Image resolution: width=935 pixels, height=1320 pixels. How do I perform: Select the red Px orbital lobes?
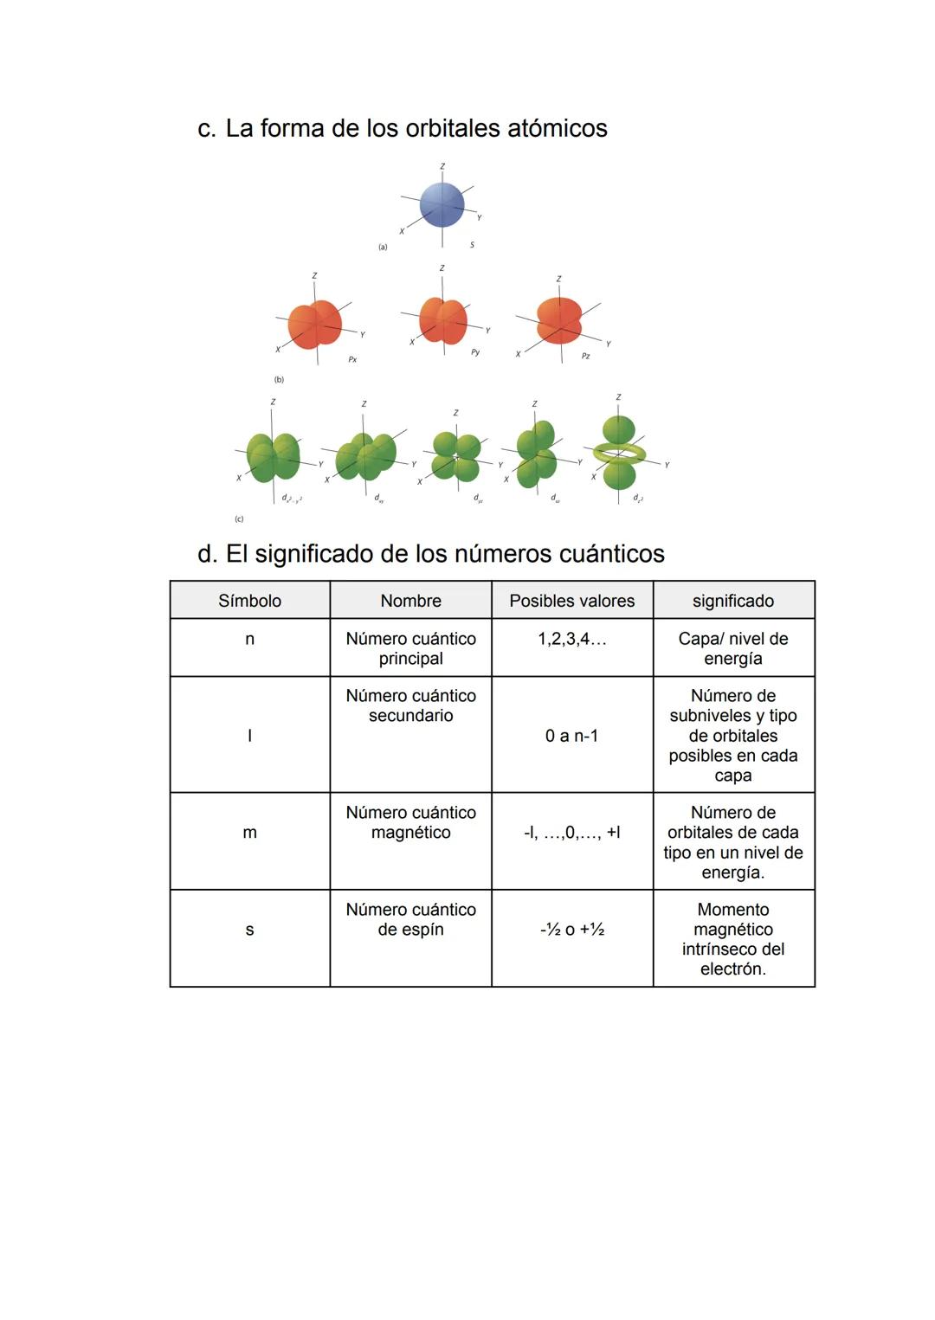coord(314,325)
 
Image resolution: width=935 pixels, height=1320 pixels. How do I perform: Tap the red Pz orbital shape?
coord(558,319)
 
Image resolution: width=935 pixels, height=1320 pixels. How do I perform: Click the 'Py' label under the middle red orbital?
coord(475,352)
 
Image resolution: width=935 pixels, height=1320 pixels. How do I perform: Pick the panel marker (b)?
coord(279,379)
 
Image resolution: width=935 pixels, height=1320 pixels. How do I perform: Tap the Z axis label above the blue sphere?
coord(442,165)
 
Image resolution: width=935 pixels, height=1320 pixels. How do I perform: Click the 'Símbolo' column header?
coord(249,601)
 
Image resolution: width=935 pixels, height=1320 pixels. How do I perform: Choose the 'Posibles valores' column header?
coord(571,601)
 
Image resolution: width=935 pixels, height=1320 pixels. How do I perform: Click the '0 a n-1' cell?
coord(571,736)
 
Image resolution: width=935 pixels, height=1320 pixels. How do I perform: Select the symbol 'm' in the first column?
coord(249,833)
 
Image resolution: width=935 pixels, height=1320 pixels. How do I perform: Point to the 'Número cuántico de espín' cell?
coord(410,920)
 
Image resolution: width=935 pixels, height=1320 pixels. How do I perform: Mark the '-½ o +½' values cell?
coord(571,930)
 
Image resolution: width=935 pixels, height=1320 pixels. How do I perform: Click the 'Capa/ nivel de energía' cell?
coord(732,648)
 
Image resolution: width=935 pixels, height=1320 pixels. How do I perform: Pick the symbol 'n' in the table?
coord(249,640)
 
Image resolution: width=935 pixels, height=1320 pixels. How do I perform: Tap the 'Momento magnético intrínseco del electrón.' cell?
coord(732,939)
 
